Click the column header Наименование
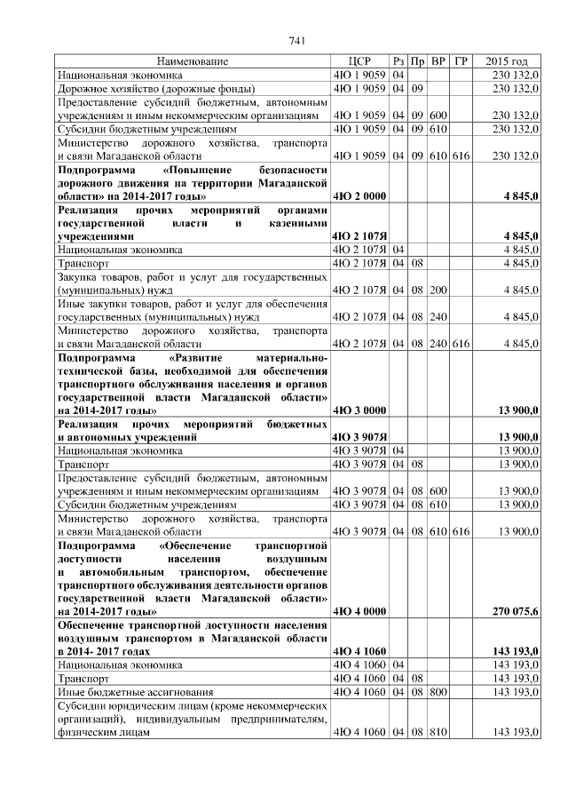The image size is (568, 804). pos(193,61)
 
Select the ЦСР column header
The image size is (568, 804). pos(359,61)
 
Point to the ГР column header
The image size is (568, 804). pos(460,61)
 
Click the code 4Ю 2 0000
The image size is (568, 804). pos(358,195)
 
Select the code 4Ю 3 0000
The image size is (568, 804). pos(358,410)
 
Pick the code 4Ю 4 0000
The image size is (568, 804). pos(358,611)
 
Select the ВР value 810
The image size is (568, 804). pos(438,733)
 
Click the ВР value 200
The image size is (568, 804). pos(438,290)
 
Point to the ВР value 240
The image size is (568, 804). pos(438,316)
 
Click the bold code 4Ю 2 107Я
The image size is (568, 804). pos(359,236)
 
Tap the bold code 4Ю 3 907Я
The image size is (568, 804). pos(359,437)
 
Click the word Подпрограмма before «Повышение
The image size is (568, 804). pos(97,169)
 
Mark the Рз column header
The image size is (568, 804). pos(398,61)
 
